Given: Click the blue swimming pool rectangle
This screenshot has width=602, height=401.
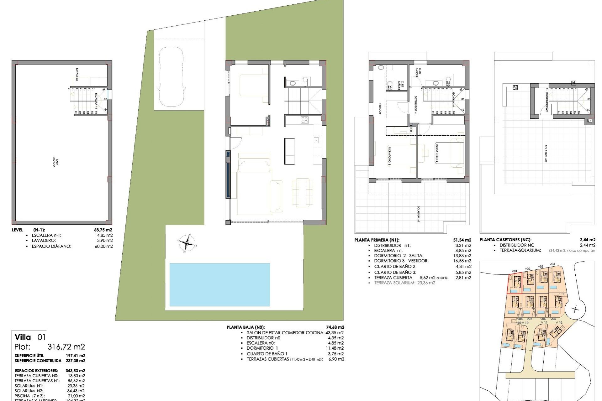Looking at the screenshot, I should click(x=219, y=284).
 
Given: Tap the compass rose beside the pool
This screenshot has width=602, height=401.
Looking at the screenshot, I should click(x=187, y=242).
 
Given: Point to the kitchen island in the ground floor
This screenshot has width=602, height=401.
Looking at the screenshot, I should click(x=289, y=151).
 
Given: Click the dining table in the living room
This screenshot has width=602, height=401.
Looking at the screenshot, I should click(x=302, y=192).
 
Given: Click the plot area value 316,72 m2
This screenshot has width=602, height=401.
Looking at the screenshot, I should click(x=66, y=347).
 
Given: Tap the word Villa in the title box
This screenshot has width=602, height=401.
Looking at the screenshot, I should click(x=23, y=337).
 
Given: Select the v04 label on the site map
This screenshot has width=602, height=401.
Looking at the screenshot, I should click(x=552, y=264).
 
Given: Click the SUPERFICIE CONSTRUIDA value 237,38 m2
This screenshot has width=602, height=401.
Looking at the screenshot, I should click(x=75, y=361).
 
